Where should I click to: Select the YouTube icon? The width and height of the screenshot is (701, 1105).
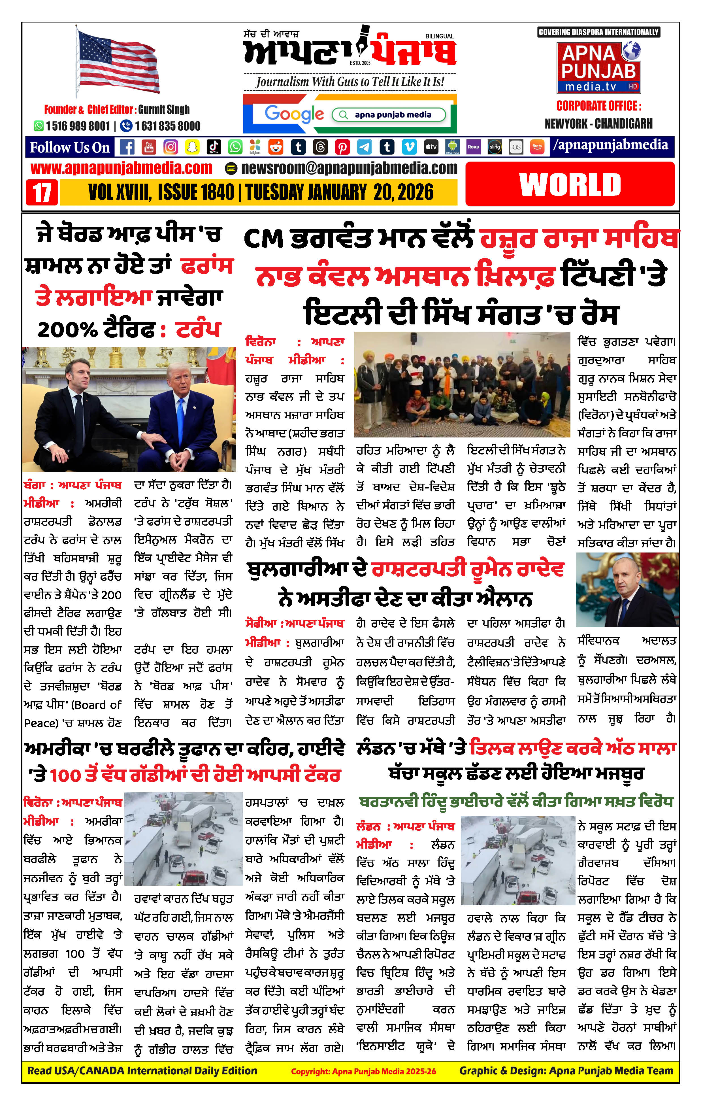coord(149,147)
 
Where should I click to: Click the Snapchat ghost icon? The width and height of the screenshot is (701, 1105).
coord(192,147)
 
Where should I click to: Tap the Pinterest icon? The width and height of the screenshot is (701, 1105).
coord(342,147)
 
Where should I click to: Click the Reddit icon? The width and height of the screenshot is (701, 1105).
coord(276,147)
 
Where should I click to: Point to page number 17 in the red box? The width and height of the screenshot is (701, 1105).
coord(42,192)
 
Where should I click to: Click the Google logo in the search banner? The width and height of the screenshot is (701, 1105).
coord(294,114)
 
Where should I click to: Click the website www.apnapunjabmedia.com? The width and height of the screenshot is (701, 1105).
coord(122,168)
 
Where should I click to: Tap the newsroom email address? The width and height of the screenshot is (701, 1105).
coord(349,168)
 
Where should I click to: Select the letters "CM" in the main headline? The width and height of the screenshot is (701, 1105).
coord(263,239)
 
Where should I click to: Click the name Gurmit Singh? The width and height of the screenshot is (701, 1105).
coord(164,109)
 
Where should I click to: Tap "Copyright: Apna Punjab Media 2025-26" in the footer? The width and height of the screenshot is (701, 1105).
coord(363,1072)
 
